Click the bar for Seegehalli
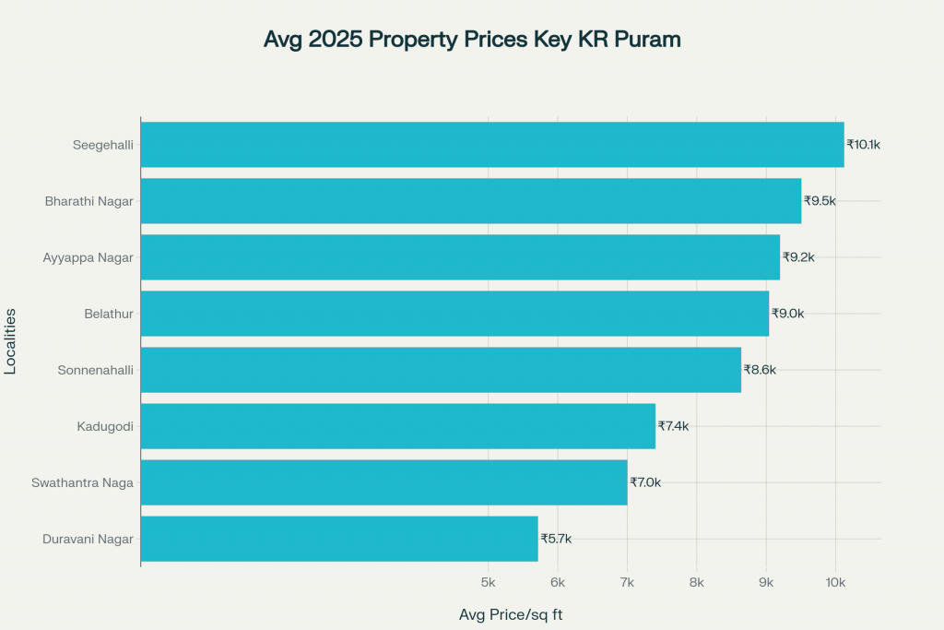pyautogui.click(x=492, y=145)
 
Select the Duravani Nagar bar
pyautogui.click(x=339, y=539)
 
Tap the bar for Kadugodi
pyautogui.click(x=398, y=426)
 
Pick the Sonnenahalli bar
pyautogui.click(x=441, y=370)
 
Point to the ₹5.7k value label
pyautogui.click(x=556, y=539)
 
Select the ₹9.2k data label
pyautogui.click(x=798, y=257)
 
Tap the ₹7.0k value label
pyautogui.click(x=645, y=482)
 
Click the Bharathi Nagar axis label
pyautogui.click(x=89, y=201)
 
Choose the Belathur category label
pyautogui.click(x=109, y=314)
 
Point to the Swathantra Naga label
pyautogui.click(x=83, y=482)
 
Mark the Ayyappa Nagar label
pyautogui.click(x=88, y=257)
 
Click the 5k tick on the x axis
pyautogui.click(x=488, y=583)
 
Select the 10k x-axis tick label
pyautogui.click(x=835, y=583)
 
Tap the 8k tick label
pyautogui.click(x=696, y=583)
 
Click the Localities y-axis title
pyautogui.click(x=11, y=341)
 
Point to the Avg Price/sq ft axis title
pyautogui.click(x=511, y=614)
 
